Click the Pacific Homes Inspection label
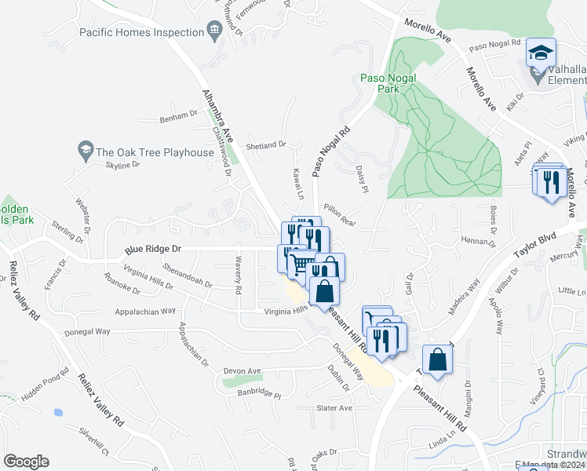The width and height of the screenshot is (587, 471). point(141,32)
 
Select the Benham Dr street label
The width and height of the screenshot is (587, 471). point(179,115)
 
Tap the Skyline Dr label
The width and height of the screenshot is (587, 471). point(122,165)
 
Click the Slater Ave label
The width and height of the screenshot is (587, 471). point(334,408)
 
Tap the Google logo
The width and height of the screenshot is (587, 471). point(26,462)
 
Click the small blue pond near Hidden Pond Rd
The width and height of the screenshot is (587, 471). point(57,412)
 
